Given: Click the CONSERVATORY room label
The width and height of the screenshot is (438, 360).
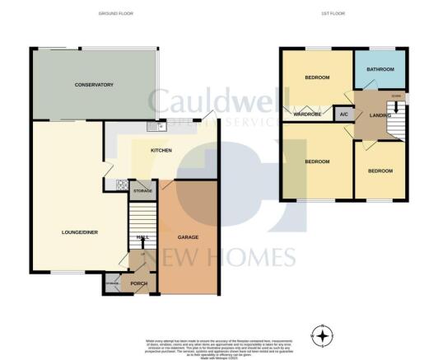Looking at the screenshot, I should point(93,85).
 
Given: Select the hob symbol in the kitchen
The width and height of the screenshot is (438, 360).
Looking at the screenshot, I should point(122,186).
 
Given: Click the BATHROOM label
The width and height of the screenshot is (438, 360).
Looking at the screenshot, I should point(380,70).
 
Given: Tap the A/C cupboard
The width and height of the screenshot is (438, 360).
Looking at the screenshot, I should point(343,115).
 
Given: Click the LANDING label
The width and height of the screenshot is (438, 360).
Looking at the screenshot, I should point(380,115).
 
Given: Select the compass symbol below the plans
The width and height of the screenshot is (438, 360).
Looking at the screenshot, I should point(322,334).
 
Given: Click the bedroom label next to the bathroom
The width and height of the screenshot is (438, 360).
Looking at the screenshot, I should point(317,77).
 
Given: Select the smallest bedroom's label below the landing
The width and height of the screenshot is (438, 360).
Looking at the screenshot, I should point(380,171).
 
